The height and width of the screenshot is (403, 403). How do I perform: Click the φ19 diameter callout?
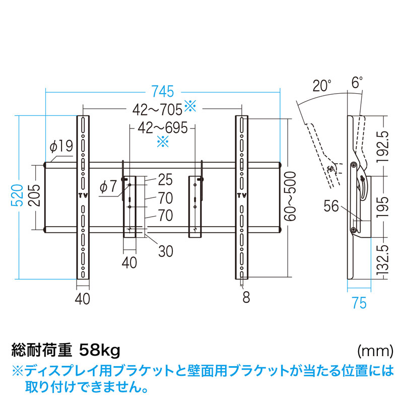pos(61,146)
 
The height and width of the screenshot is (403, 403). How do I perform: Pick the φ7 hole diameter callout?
pos(107,186)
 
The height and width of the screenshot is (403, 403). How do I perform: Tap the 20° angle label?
pos(322,85)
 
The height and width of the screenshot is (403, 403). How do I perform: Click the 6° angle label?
pos(357,83)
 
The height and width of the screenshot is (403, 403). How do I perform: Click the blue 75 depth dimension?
pos(359,303)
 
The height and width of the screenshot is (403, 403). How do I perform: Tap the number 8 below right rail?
pos(246,298)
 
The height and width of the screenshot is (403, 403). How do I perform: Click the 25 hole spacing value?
pos(165,179)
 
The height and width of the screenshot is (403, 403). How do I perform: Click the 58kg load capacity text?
pos(100,349)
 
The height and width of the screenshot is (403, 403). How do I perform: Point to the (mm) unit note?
pos(375,350)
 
